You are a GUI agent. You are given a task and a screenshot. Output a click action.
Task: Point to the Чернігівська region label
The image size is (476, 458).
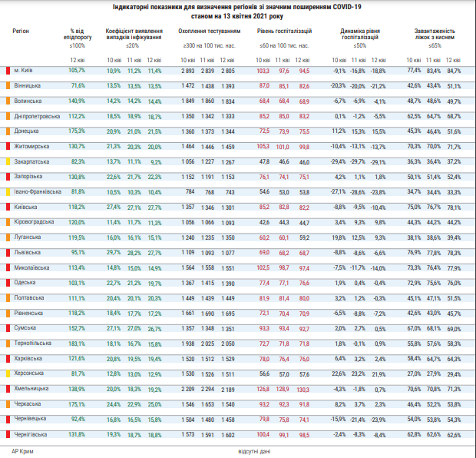(31, 434)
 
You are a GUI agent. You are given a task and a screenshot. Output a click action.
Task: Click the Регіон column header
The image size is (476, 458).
(21, 32)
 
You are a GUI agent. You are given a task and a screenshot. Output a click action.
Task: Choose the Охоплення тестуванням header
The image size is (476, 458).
(209, 32)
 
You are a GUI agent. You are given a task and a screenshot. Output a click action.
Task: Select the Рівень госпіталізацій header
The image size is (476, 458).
(284, 32)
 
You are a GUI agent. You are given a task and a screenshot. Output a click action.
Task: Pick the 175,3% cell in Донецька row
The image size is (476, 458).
(74, 131)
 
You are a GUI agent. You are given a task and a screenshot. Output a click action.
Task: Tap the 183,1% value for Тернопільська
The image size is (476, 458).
(74, 343)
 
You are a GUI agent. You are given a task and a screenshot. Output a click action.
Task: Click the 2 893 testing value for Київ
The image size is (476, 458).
(188, 71)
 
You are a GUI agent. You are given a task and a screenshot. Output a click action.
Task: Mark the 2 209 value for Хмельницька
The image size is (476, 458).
(188, 389)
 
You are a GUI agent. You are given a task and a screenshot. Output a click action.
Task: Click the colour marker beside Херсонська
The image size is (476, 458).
(7, 373)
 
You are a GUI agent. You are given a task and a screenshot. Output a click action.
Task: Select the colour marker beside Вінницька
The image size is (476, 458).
(7, 86)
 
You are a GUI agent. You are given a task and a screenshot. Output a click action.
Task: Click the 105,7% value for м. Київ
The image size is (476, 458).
(75, 71)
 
